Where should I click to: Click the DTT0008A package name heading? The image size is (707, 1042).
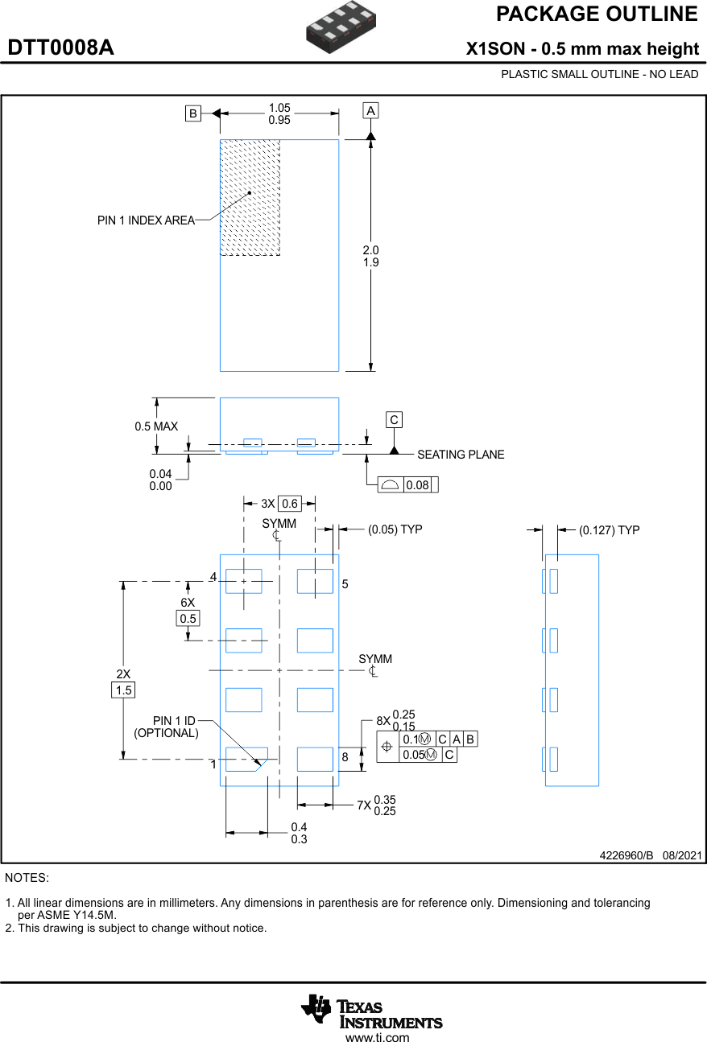tap(61, 48)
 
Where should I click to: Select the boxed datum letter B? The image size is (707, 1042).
tap(192, 113)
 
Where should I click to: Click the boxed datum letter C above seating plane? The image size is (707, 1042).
tap(394, 420)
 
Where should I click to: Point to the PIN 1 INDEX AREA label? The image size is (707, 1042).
tap(146, 220)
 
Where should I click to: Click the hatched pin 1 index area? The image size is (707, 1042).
tap(250, 198)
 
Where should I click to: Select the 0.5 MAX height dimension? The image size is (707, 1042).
tap(156, 426)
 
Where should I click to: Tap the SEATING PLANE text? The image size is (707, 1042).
tap(461, 455)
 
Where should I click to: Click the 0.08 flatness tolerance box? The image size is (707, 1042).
tap(417, 485)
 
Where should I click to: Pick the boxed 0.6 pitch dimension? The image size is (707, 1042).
tap(289, 504)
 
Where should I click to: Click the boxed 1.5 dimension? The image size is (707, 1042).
tap(123, 690)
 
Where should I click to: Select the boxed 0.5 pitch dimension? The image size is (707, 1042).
tap(188, 618)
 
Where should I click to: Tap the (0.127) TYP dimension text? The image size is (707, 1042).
tap(609, 530)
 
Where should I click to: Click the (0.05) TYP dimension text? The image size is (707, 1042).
tap(395, 529)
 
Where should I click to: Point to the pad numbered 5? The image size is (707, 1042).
tap(315, 581)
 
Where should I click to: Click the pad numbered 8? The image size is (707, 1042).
tap(315, 759)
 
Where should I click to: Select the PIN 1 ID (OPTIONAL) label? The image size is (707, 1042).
tap(167, 727)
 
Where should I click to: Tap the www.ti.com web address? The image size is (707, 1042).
tap(377, 1038)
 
